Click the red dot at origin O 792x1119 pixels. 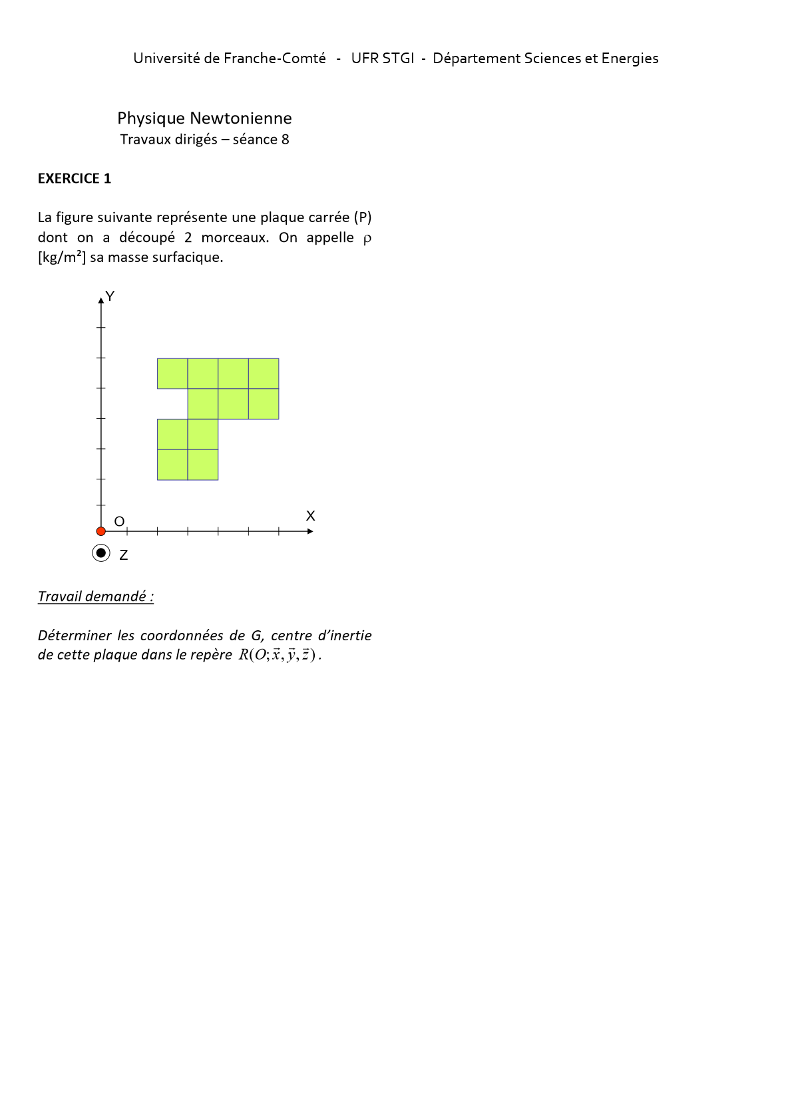click(101, 531)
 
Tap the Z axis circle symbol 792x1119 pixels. click(101, 553)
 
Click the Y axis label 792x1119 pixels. click(110, 297)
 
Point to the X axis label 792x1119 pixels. click(310, 516)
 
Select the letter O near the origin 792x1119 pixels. click(119, 521)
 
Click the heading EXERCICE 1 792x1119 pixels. click(75, 178)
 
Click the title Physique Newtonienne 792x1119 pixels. click(204, 118)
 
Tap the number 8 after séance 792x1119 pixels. click(285, 140)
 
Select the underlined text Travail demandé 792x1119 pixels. click(95, 596)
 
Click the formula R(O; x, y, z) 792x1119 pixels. click(280, 655)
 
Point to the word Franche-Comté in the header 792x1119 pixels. click(275, 59)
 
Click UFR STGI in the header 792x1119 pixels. click(383, 59)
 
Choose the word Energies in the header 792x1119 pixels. click(630, 59)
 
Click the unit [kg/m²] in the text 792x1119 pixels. click(62, 257)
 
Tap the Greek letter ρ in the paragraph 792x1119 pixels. click(367, 239)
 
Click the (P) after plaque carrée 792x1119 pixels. click(363, 217)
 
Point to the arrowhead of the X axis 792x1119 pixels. click(310, 531)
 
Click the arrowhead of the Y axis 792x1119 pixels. click(101, 300)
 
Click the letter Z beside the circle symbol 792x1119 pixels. click(123, 555)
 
